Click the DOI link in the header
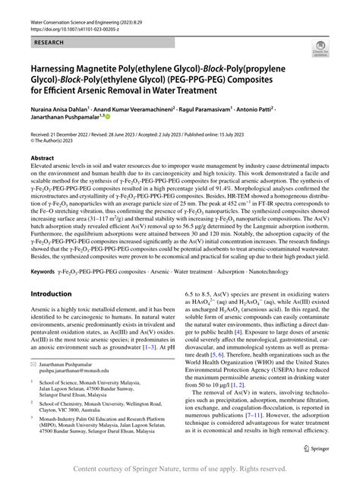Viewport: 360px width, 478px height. (76, 24)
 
